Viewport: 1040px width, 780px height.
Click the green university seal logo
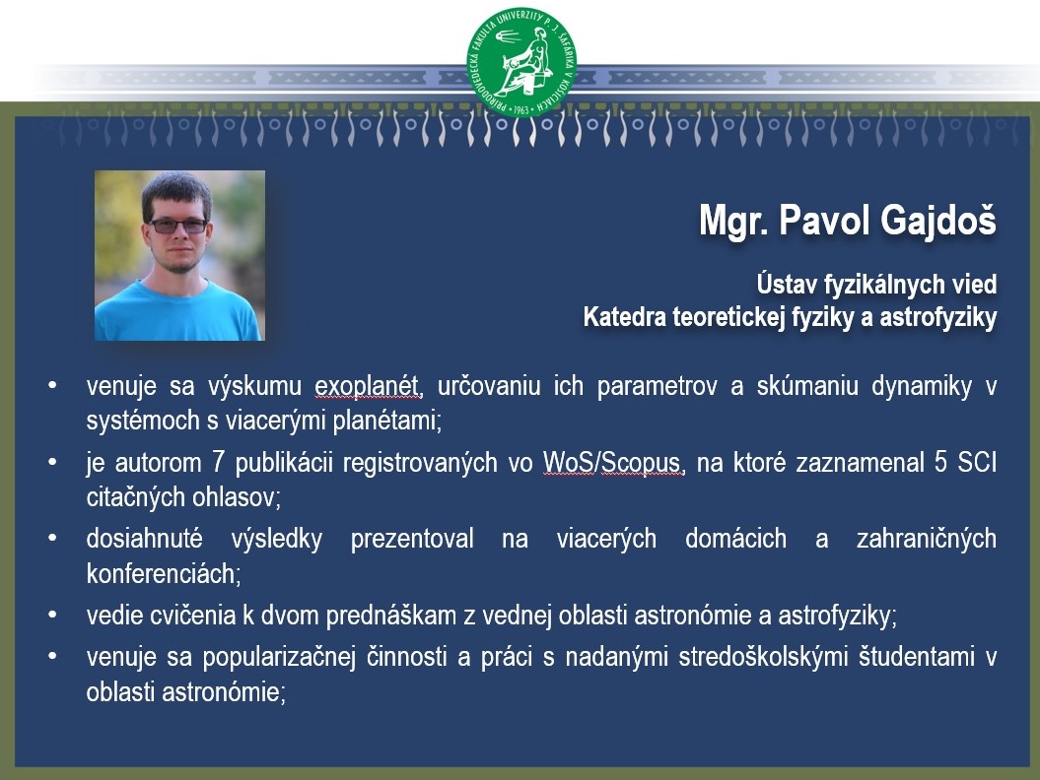(522, 63)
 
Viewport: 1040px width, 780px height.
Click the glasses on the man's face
(178, 226)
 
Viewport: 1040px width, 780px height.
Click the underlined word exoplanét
(367, 386)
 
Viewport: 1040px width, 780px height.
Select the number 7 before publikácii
(218, 462)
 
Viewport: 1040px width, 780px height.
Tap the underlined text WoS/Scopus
(612, 463)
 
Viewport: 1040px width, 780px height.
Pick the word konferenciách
(164, 573)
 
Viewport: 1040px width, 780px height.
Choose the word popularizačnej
(279, 657)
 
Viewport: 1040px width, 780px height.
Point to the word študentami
(917, 657)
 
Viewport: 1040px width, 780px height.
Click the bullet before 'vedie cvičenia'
(52, 616)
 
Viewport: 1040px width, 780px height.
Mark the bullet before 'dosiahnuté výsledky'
(52, 538)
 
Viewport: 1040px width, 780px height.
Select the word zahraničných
(927, 539)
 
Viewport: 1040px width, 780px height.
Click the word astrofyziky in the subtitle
(938, 317)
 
